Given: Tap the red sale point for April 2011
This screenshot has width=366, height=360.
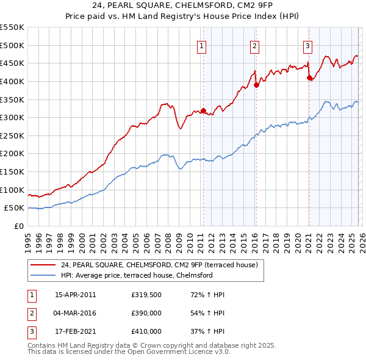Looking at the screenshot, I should [204, 111].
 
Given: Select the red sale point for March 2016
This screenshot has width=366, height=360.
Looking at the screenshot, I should [256, 85].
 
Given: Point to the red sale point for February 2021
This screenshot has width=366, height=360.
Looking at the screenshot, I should [309, 78].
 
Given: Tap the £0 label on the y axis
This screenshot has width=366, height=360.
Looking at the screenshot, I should [19, 226].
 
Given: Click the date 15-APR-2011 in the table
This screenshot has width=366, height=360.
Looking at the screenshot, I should [75, 295].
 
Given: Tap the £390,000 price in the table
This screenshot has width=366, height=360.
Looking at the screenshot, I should [146, 313].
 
